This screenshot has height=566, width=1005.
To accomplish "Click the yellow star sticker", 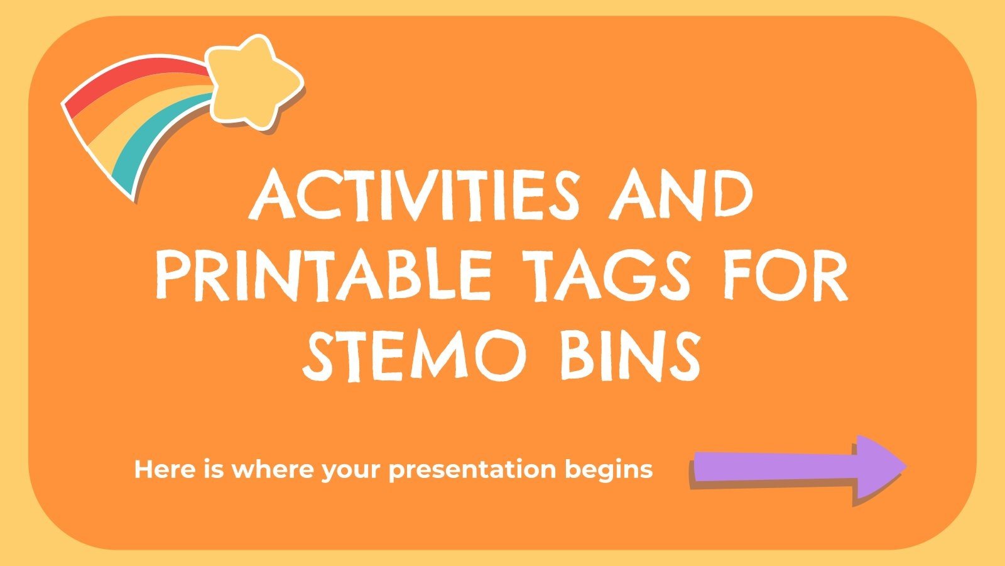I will pos(251,80).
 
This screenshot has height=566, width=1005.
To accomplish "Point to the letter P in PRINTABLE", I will pos(173,274).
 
